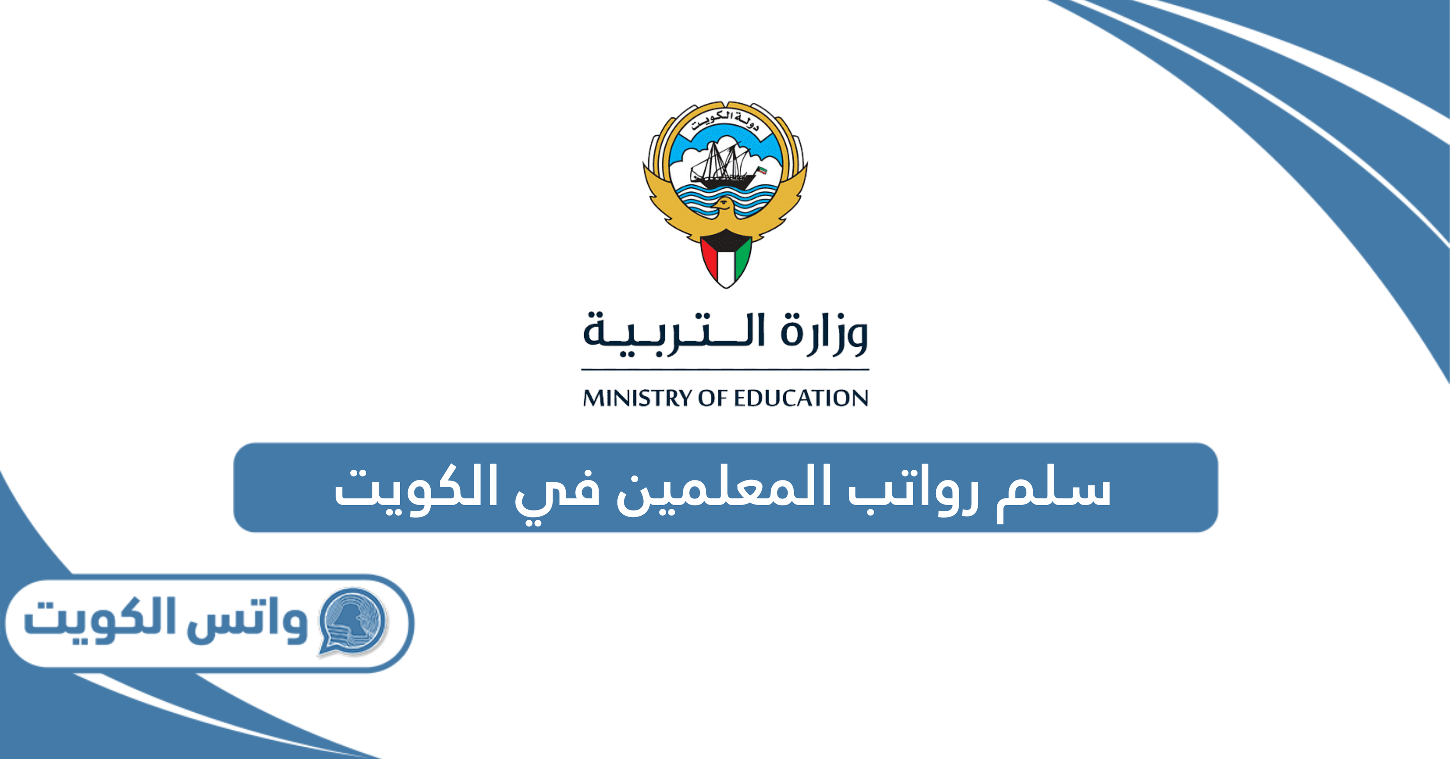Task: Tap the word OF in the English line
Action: [x=714, y=398]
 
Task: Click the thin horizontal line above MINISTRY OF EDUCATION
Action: [x=725, y=370]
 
